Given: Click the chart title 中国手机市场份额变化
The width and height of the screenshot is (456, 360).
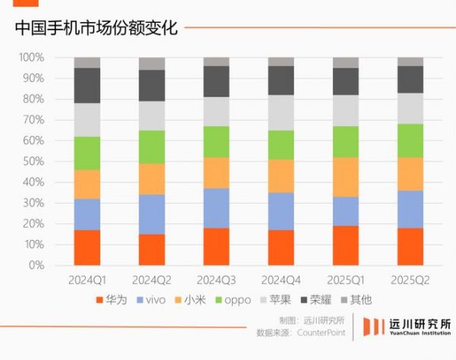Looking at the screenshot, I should pos(96,29).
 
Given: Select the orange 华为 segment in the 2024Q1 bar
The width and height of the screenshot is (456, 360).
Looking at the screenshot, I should pos(87,248).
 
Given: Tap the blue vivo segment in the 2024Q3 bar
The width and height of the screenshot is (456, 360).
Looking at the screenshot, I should pos(216,208).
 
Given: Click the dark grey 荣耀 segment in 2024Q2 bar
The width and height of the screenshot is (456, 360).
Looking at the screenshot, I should pos(152,85).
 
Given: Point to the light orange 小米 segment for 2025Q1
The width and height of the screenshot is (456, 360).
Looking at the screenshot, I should pos(346,177).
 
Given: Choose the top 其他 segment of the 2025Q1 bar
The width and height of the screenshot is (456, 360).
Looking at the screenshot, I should pos(346,62).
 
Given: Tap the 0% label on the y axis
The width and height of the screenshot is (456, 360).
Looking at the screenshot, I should pos(36,266).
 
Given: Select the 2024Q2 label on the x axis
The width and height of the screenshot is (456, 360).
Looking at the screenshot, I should pos(152,280).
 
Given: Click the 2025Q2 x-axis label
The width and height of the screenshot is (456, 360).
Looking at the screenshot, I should pos(410,280).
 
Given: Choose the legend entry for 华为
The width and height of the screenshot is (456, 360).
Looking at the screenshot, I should pos(112,300).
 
